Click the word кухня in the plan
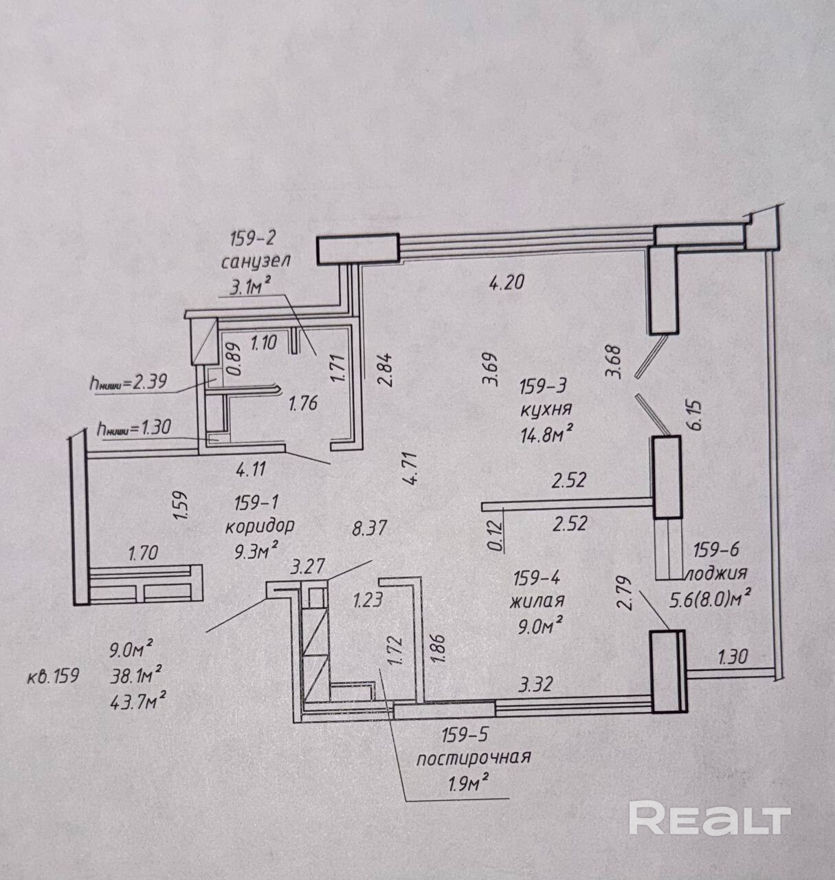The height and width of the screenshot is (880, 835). (547, 410)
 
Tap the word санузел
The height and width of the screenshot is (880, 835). (256, 262)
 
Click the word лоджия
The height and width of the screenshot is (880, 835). (715, 573)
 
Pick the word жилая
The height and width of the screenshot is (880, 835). (537, 600)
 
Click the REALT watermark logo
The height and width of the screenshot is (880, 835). (709, 819)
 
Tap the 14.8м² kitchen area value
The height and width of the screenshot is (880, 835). (548, 433)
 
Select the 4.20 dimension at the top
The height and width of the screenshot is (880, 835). (506, 281)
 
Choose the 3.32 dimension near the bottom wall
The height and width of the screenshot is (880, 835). (537, 685)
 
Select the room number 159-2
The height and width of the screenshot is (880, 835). (252, 239)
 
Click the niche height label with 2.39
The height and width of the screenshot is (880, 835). (128, 383)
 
